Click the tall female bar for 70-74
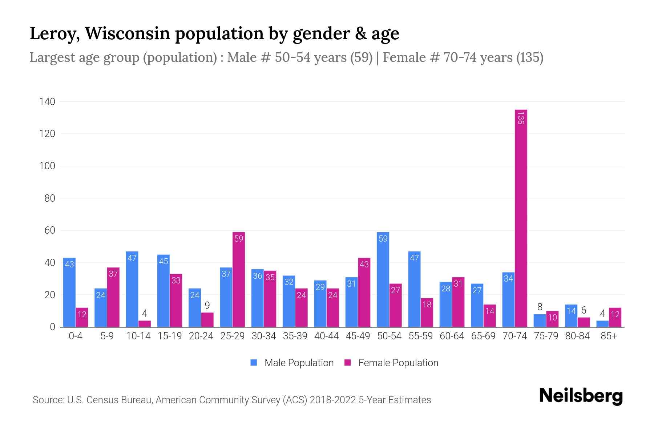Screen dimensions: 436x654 521,218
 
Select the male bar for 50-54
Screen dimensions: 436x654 383,280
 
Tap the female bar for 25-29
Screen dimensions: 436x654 239,280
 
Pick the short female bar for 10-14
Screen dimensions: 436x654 145,324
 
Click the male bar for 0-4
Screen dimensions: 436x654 69,292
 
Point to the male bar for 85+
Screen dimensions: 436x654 602,324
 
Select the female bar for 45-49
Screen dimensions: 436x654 364,292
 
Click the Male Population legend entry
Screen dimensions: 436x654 292,363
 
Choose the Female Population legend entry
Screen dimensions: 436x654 392,363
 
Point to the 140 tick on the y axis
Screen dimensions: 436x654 47,102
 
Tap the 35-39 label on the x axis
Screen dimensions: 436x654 295,336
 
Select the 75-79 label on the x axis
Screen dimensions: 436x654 546,336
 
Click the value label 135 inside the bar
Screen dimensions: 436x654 521,118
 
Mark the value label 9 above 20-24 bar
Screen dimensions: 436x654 207,306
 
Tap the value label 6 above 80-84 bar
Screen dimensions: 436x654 584,310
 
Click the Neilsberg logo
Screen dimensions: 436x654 581,396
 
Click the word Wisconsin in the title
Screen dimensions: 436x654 127,33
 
